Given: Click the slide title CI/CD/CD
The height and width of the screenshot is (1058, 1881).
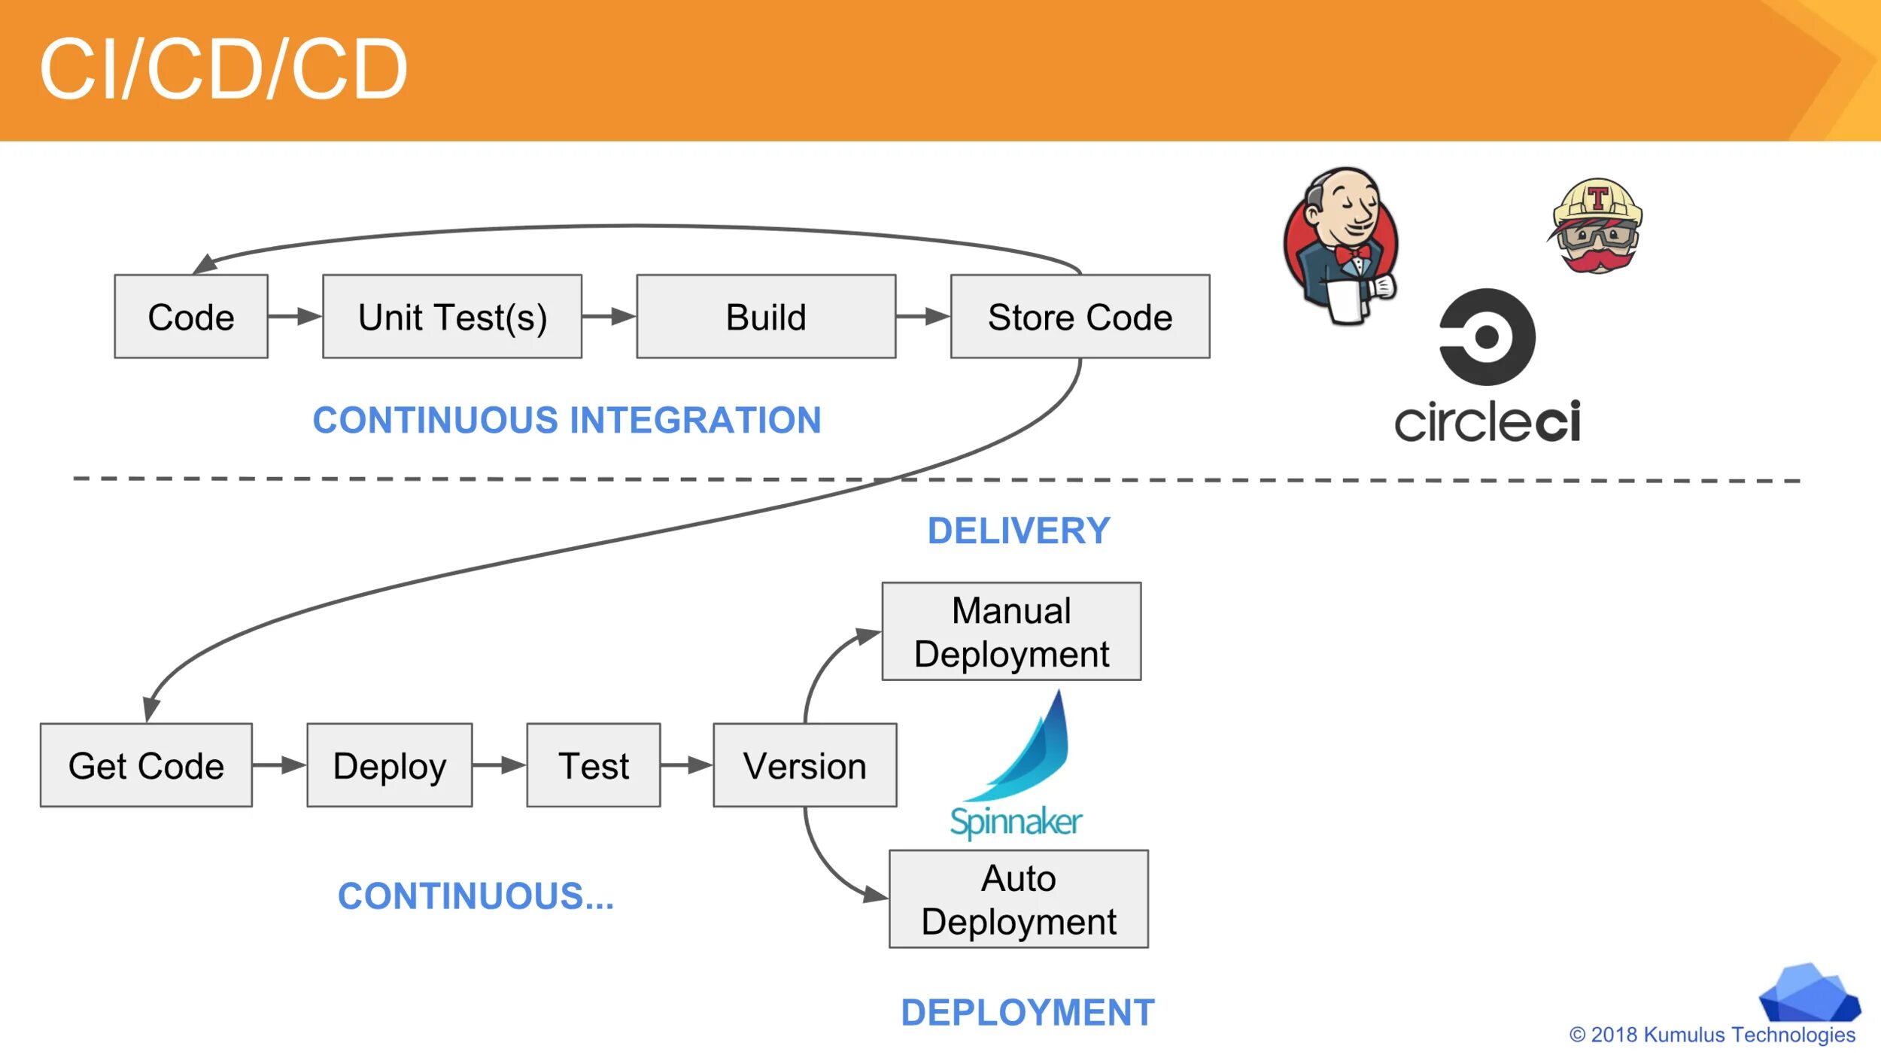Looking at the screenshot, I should coord(223,69).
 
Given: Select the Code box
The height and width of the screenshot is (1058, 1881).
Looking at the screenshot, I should coord(191,317).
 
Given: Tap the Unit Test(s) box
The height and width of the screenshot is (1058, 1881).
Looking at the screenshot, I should coord(452,317).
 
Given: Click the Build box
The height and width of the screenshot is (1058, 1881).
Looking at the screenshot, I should coord(766,317).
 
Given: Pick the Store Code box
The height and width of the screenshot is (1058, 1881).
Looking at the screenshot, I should coord(1080,317).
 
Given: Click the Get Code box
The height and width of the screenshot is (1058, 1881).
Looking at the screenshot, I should coord(146,766).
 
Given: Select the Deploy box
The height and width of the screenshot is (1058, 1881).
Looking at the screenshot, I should coord(390,766).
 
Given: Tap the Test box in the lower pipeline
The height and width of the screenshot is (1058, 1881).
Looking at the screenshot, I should coord(594,766).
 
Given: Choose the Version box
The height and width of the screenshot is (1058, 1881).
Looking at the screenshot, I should coord(804,766).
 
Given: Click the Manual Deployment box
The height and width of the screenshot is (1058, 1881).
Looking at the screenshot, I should coord(1011,632).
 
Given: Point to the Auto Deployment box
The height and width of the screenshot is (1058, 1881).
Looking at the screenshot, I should coord(1019,900).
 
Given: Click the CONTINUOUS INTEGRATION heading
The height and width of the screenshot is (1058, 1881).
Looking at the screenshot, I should coord(567,420).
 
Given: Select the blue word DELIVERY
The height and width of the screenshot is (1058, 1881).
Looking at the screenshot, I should coord(1019,531).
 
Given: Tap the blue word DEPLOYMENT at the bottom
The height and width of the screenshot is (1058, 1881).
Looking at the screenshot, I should coord(1028,1013).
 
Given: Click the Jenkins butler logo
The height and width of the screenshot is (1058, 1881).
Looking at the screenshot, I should coord(1342,245).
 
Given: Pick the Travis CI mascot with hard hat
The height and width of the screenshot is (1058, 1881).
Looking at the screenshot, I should coord(1597,226).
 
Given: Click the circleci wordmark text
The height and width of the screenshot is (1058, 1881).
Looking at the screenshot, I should coord(1487,421).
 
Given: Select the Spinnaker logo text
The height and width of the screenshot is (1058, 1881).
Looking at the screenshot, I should coord(1016,821).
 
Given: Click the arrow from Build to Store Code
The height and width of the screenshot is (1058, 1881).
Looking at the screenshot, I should coord(923,317).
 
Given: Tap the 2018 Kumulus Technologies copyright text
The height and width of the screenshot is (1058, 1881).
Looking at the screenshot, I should coord(1712,1035).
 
